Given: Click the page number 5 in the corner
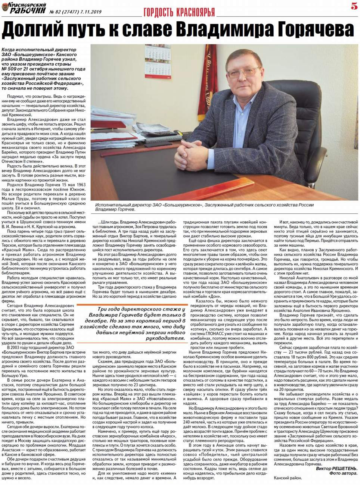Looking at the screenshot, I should pos(354,6).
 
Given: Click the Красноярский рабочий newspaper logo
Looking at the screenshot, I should pos(24,8).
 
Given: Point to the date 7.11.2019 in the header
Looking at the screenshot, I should pos(88,12).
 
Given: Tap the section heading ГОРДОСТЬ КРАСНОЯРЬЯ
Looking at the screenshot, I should pos(179,12).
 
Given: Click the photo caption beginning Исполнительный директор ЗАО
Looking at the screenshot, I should pos(204,207).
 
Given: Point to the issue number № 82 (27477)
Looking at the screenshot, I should pos(63,12).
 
